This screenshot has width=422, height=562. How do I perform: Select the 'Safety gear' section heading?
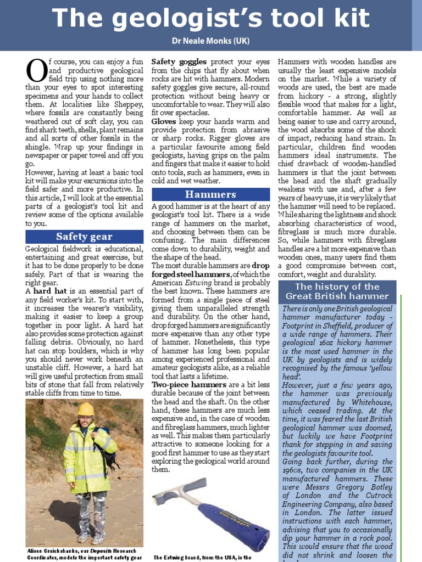84,237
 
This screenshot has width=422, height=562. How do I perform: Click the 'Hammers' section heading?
210,194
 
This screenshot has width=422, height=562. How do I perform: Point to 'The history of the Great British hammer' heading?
337,291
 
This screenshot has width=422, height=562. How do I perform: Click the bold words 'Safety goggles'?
179,62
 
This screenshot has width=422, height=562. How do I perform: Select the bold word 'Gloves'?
164,121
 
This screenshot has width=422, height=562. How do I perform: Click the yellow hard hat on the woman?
86,409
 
